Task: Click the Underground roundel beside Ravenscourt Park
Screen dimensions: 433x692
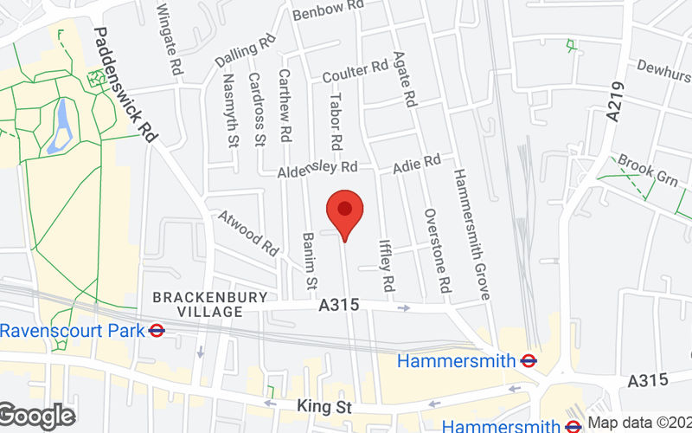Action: (x=157, y=330)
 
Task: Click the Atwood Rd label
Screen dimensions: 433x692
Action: (x=247, y=232)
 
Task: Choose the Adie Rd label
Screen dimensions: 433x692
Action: (x=417, y=163)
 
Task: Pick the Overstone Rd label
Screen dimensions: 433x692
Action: (x=437, y=249)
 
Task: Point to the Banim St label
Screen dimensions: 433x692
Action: (x=309, y=261)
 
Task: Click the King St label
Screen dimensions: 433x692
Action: (x=316, y=405)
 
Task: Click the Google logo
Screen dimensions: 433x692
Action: (x=36, y=417)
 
